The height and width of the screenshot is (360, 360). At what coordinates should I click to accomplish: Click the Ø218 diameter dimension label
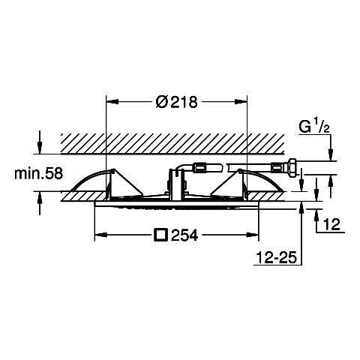coord(177,102)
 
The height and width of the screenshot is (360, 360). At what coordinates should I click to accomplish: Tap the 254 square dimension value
coord(184,235)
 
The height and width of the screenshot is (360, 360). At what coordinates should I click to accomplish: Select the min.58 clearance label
coord(38,173)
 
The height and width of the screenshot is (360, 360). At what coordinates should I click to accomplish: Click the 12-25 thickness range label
coord(276,257)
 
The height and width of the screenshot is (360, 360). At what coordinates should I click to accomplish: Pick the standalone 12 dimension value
coord(331,224)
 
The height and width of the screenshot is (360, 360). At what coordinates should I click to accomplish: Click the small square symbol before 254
coord(160,235)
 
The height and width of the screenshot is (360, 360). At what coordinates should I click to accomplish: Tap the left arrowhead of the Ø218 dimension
coord(112,101)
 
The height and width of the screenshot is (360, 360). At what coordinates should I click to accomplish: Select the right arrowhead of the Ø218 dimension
coord(241,101)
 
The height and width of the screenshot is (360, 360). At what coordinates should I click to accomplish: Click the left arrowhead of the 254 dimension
coord(100,235)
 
